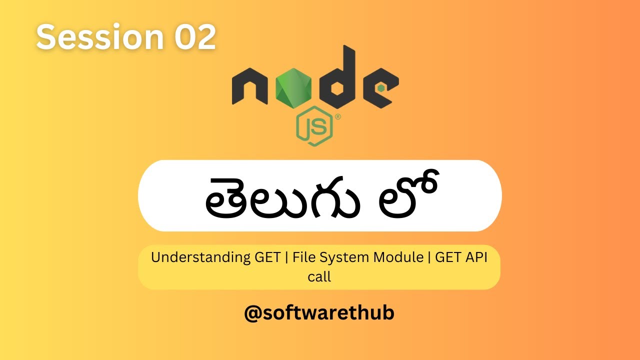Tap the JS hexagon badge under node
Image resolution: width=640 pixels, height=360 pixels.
click(x=314, y=128)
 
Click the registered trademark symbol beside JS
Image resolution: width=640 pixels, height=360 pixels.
click(x=338, y=117)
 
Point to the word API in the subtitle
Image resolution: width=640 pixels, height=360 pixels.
click(x=475, y=258)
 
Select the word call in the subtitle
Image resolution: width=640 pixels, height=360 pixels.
click(x=319, y=276)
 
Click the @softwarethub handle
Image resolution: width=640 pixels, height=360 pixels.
click(x=319, y=313)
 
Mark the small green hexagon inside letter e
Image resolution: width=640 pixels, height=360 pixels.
click(x=381, y=87)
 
